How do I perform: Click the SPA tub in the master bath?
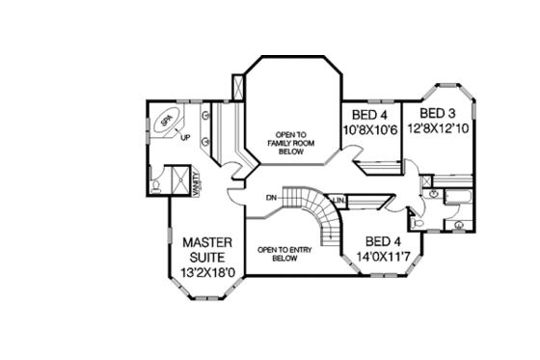(x=167, y=122)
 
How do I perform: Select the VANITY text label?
(x=196, y=183)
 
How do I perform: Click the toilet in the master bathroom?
(x=156, y=181)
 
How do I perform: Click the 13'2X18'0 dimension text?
(x=204, y=273)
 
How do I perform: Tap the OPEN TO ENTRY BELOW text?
(x=282, y=254)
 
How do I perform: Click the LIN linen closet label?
(x=339, y=201)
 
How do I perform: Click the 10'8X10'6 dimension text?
(x=370, y=128)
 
